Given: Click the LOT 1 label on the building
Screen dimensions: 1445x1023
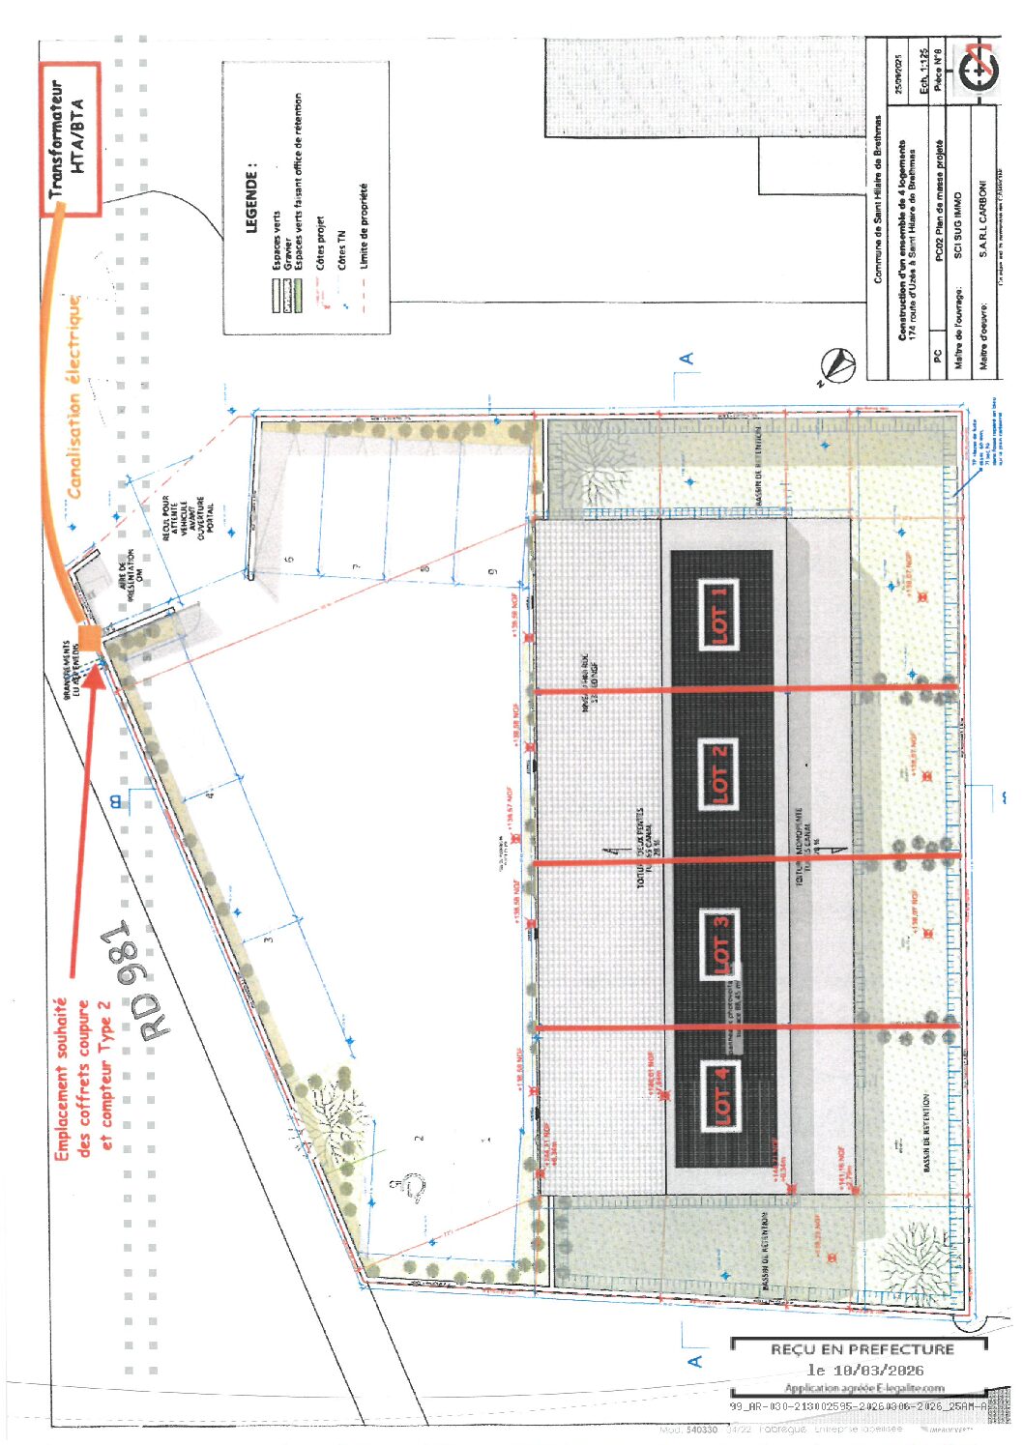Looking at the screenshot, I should (x=719, y=615).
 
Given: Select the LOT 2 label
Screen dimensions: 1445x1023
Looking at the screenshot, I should (x=719, y=773).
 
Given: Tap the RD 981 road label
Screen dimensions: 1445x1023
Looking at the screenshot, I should (x=138, y=980).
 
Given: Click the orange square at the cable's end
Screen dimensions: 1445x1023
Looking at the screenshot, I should (x=89, y=638).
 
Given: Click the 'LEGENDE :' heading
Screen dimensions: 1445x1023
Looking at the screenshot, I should (x=252, y=197).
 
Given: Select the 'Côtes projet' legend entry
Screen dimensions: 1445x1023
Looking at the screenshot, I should (x=319, y=243).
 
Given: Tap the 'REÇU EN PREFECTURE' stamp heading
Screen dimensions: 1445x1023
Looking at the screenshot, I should (x=862, y=1348).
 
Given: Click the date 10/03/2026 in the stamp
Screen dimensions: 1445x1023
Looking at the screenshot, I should (x=865, y=1370).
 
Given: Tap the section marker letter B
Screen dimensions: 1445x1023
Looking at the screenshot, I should (x=117, y=800).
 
